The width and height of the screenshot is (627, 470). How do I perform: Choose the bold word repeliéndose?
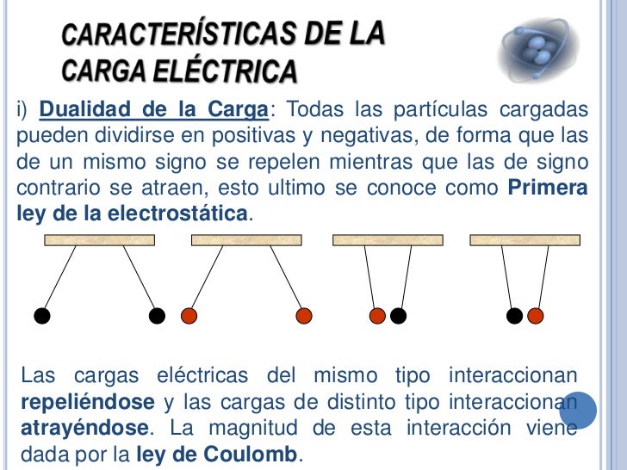click(86, 402)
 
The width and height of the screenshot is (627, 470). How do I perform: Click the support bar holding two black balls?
click(99, 239)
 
